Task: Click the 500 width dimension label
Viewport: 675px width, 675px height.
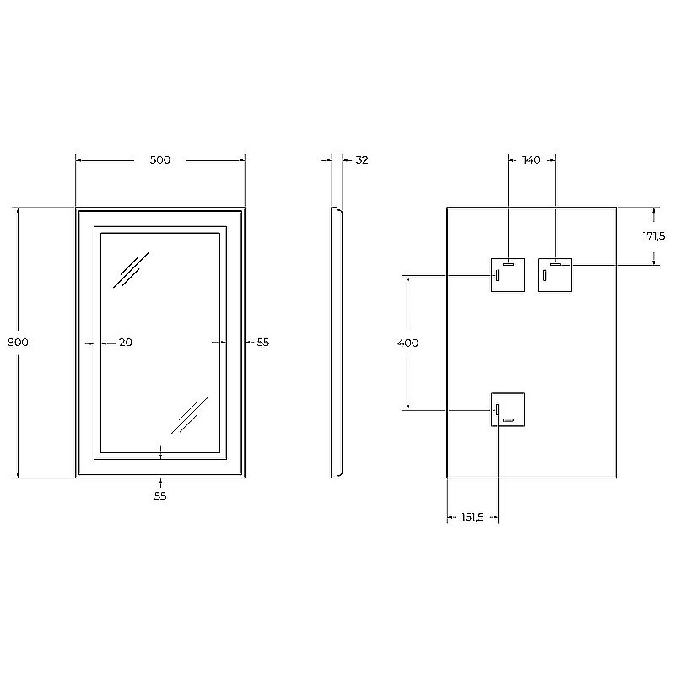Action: (160, 159)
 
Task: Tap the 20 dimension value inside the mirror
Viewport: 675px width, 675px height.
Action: (126, 343)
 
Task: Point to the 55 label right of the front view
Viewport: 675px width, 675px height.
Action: (262, 343)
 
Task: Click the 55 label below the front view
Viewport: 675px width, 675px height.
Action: (160, 496)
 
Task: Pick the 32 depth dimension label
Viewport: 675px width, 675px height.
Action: (362, 159)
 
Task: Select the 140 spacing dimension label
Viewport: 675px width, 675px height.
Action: (532, 159)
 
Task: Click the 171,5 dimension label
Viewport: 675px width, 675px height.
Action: (654, 236)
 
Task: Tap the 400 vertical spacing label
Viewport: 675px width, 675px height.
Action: (408, 343)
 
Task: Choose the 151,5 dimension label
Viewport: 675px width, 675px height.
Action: (472, 518)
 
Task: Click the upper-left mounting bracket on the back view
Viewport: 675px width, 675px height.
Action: (508, 274)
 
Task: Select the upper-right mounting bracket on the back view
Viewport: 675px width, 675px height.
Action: (555, 274)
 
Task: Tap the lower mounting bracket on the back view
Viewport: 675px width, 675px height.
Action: (507, 410)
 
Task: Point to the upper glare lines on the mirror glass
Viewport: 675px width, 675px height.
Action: (132, 270)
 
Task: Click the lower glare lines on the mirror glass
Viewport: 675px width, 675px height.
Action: (189, 416)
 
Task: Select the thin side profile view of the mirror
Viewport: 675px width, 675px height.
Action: (336, 343)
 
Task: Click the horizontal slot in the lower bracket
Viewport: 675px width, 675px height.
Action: (508, 420)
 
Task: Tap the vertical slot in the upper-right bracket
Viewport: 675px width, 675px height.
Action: (545, 275)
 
